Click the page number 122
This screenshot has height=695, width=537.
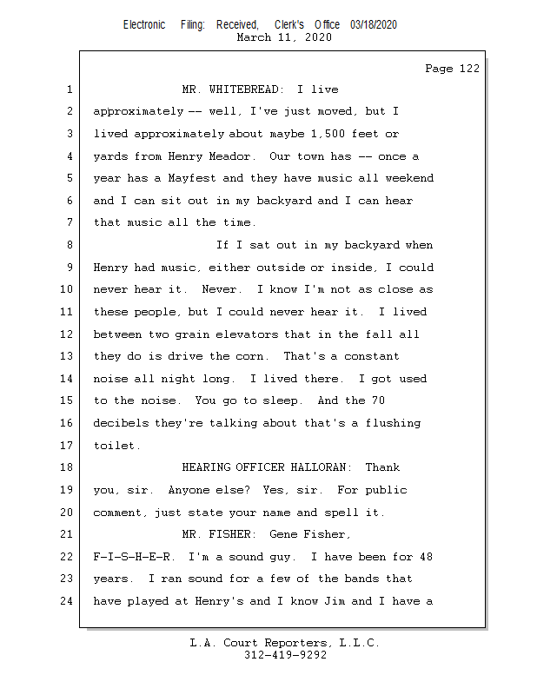[x=469, y=69]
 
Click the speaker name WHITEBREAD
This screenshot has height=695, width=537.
[x=244, y=89]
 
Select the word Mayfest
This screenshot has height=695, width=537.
[x=192, y=178]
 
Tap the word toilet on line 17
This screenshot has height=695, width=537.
[x=114, y=446]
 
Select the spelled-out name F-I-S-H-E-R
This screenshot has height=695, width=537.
[x=131, y=557]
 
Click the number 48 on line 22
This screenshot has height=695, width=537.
[x=426, y=557]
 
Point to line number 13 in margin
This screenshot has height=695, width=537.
[x=66, y=356]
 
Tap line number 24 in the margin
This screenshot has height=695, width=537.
[x=66, y=601]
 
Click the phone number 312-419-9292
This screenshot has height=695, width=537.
[x=285, y=655]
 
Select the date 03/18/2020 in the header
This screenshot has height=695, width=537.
[x=374, y=25]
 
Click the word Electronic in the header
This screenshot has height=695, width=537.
[x=144, y=25]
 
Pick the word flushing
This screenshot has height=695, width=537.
[x=393, y=423]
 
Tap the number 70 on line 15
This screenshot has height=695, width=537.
[x=378, y=400]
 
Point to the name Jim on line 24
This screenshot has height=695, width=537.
[x=335, y=601]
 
